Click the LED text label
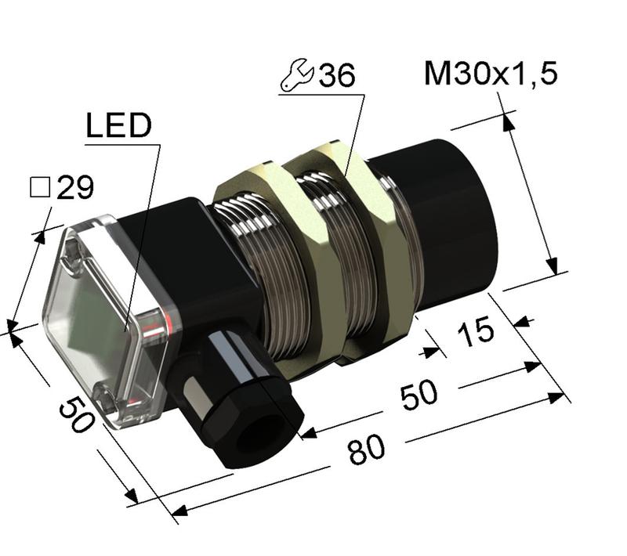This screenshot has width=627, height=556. pos(118,126)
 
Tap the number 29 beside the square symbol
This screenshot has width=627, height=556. pos(75,187)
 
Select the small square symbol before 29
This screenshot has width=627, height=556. pos(39,187)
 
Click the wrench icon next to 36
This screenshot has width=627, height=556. pos(296,75)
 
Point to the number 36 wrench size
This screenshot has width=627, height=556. pos(336,75)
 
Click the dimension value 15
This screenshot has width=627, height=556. pos(477,330)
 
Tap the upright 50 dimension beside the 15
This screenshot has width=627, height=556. pos(419,392)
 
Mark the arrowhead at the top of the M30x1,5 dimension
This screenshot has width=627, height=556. pos(506,120)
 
